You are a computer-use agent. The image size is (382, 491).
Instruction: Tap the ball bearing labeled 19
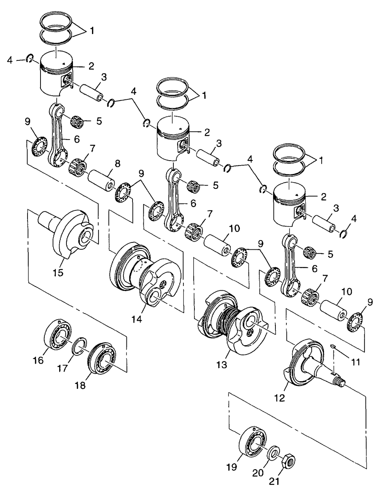252,440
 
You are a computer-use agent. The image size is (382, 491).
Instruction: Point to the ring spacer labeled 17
79,346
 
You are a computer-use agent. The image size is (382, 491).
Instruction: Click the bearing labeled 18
102,358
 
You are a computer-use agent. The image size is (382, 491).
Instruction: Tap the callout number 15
58,273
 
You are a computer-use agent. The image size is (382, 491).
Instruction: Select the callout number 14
137,319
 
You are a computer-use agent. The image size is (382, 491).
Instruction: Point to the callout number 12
280,404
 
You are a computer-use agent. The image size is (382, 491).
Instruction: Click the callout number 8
118,164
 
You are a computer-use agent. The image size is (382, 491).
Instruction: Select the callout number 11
356,362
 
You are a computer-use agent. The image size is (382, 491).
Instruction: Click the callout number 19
232,467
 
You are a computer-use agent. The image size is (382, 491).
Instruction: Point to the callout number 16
38,360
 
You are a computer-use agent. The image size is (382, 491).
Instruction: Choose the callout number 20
258,472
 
